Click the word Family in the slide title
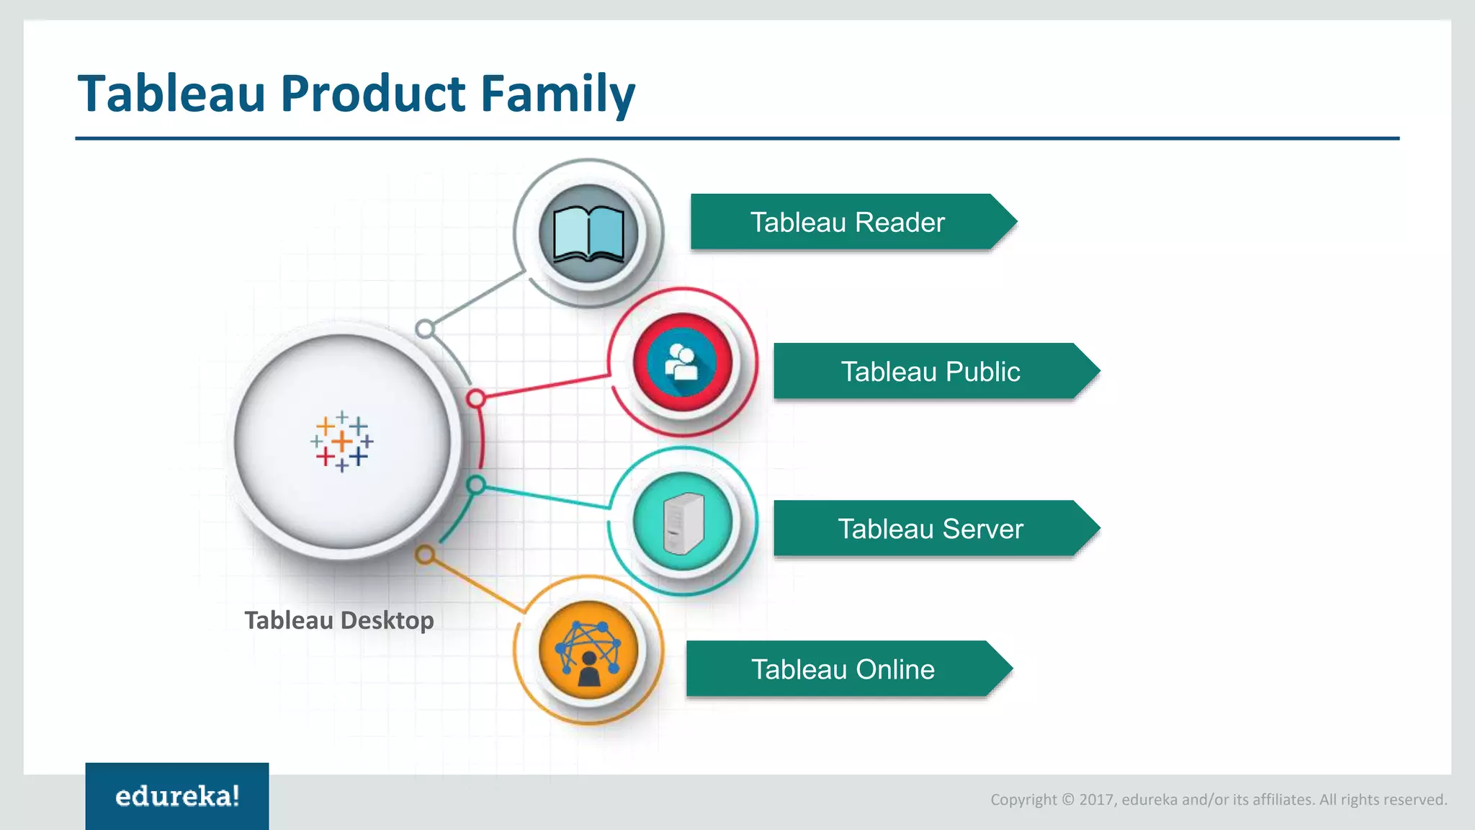557,94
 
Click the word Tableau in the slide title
171,94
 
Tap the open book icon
588,233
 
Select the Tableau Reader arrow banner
847,222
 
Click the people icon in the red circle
682,362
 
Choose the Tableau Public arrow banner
930,372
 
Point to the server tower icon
683,522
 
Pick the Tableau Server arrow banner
930,529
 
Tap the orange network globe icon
588,651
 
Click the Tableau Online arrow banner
843,669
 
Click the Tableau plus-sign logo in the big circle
342,441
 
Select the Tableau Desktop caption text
339,620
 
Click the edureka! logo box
177,796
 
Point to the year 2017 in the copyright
1095,800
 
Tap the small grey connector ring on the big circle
425,329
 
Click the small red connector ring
475,398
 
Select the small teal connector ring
475,485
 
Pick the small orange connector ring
425,555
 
